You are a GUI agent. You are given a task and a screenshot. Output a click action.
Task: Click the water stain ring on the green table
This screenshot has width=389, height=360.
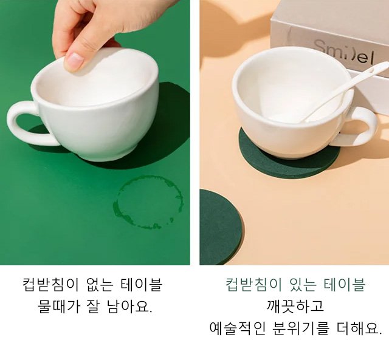pyautogui.click(x=148, y=202)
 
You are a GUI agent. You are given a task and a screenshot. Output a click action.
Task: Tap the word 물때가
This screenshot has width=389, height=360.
pyautogui.click(x=59, y=306)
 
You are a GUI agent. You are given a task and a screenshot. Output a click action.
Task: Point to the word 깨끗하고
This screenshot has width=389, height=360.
pyautogui.click(x=295, y=306)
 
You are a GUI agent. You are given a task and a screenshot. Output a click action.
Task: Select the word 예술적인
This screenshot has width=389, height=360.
pyautogui.click(x=238, y=328)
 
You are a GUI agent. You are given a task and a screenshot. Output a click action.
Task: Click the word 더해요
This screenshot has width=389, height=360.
pyautogui.click(x=358, y=328)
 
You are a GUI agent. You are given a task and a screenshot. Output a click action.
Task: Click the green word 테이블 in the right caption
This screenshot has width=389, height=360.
pyautogui.click(x=345, y=285)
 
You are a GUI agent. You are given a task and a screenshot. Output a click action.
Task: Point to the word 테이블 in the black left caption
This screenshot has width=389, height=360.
pyautogui.click(x=142, y=285)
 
